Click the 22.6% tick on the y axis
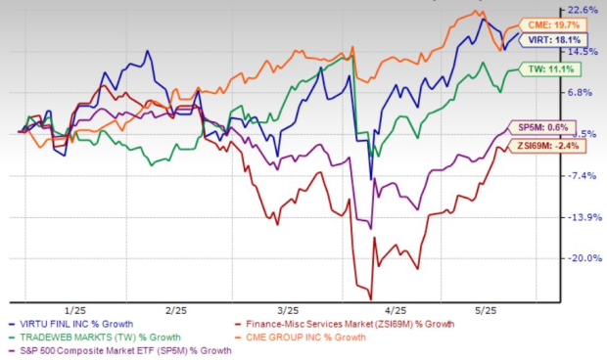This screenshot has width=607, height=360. [585, 10]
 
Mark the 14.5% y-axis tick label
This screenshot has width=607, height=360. [585, 52]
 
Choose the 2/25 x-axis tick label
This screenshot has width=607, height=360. [176, 309]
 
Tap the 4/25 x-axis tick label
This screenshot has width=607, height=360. [396, 309]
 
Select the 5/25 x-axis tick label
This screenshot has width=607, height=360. [502, 309]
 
